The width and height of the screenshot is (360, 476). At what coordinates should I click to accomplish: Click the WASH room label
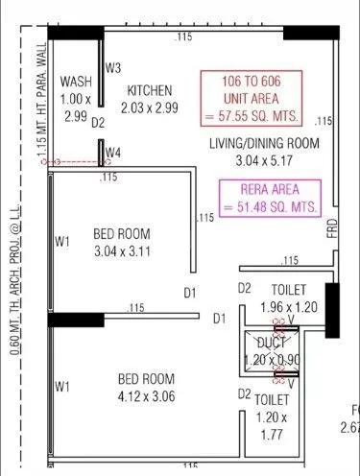click(x=75, y=82)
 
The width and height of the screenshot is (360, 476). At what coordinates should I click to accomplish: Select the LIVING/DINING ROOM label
click(x=265, y=144)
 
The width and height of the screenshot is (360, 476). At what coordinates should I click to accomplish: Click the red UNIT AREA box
click(x=251, y=98)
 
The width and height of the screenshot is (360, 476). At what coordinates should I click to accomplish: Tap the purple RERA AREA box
click(x=271, y=198)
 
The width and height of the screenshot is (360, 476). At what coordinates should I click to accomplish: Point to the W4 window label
click(x=113, y=153)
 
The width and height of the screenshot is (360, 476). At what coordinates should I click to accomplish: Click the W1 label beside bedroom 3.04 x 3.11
click(x=62, y=243)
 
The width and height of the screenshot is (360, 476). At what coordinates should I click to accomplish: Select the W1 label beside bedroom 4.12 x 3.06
click(x=62, y=386)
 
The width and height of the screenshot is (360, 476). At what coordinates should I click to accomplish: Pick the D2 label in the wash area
click(x=97, y=123)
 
